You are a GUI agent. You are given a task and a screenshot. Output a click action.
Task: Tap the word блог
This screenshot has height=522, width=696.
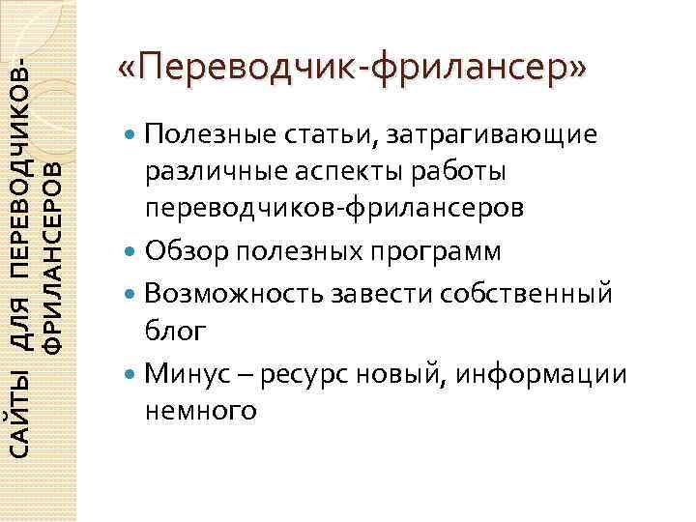point(175,332)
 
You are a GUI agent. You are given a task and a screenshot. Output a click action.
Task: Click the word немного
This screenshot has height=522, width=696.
point(200,411)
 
